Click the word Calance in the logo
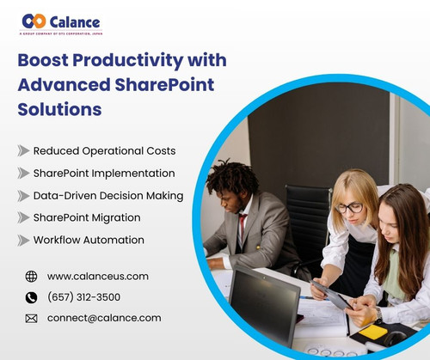coord(76,21)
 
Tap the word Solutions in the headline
coord(59,109)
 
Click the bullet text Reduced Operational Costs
coord(104,150)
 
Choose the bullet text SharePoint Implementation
coord(104,173)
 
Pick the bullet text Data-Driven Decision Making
coord(108,195)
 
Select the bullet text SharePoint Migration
coord(92,217)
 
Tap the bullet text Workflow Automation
coord(89,240)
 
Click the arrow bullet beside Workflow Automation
coord(23,240)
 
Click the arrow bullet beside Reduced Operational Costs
coord(23,150)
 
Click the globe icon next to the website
coord(32,276)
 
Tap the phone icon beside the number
coord(32,297)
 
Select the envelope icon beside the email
coord(32,318)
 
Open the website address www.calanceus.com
coord(98,276)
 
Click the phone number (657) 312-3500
coord(83,297)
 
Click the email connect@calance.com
coord(104,318)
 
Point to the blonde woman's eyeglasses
coord(348,207)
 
